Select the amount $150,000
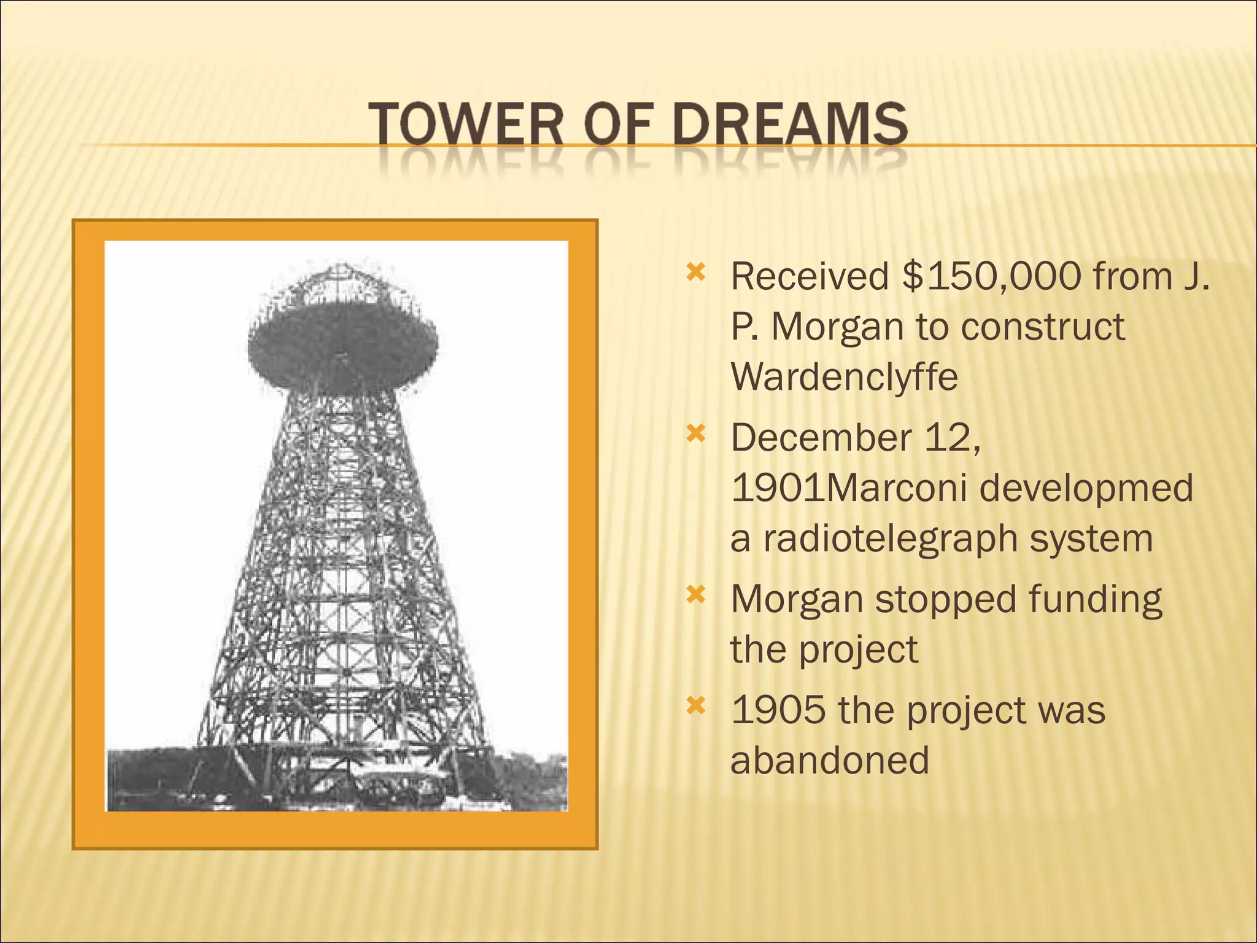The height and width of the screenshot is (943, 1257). (x=991, y=277)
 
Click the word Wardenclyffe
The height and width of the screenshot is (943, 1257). (x=844, y=376)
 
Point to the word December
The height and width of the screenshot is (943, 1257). (x=821, y=438)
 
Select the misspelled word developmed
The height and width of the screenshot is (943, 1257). (x=1086, y=488)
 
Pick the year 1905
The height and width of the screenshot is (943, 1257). (x=778, y=710)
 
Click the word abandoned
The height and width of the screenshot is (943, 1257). (x=830, y=760)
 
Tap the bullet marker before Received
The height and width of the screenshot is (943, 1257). (x=695, y=272)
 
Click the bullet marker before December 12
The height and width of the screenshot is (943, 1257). (x=695, y=434)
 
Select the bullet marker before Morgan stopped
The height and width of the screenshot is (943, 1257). (x=695, y=594)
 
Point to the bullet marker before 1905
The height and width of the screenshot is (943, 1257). (x=695, y=706)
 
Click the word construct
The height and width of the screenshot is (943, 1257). (x=1043, y=327)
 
